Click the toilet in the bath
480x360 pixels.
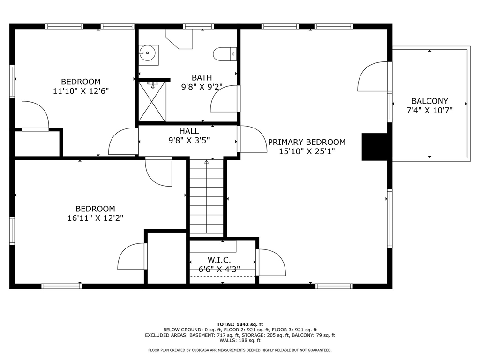coord(224,54)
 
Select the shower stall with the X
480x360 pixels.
coord(152,102)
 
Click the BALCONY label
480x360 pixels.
coord(429,101)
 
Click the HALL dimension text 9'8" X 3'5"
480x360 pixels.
coord(189,140)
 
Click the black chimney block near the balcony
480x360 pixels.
coord(375,147)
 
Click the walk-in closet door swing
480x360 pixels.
coord(271,262)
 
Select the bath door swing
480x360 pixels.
coord(225,99)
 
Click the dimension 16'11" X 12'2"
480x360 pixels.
coord(95,217)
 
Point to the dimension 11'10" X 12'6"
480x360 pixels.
coord(81,90)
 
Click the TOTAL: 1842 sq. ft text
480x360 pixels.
coord(240,324)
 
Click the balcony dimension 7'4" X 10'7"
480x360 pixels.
coord(429,110)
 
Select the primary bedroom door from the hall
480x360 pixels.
coord(253,139)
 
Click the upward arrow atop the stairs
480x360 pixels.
coord(206,162)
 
